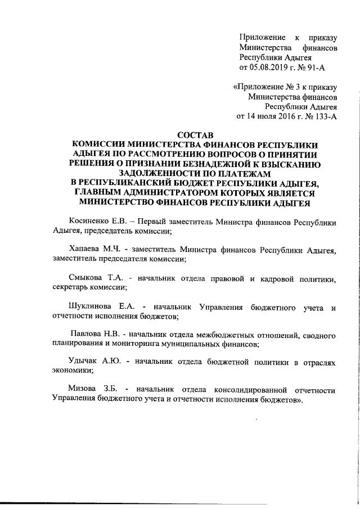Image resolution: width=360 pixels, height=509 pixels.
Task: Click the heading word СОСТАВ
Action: [195, 136]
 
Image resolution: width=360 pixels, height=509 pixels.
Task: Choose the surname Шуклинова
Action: [90, 307]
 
